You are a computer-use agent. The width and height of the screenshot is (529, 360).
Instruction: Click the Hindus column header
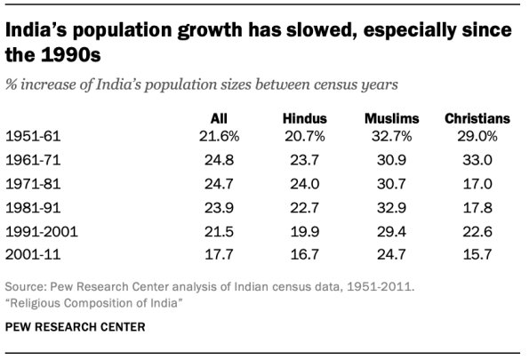305,117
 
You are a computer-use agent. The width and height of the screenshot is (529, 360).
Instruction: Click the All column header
218,117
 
